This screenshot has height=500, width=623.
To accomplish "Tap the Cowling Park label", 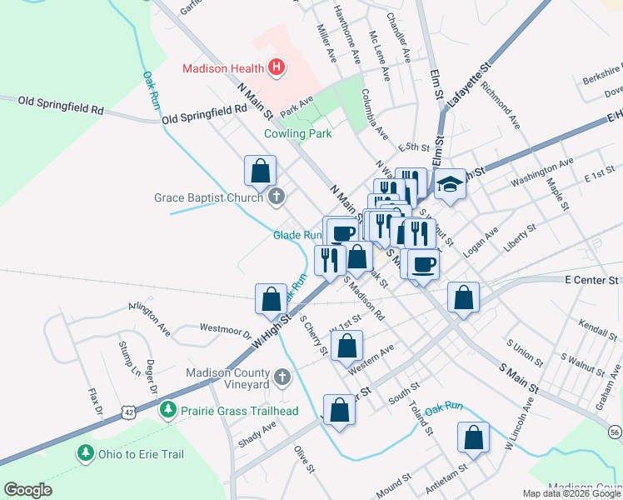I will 297,133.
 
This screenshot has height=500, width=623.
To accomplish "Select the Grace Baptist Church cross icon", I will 277,197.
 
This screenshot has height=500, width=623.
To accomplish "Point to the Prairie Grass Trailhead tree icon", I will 168,410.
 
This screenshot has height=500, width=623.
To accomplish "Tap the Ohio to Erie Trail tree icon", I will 85,454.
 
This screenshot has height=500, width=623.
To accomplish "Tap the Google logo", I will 27,490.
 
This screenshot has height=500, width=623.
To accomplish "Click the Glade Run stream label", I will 297,236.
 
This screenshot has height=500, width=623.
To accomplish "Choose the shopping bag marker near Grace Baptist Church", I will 261,171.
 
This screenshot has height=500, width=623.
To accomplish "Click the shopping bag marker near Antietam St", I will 473,438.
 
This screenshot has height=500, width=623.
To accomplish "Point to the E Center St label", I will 592,282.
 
